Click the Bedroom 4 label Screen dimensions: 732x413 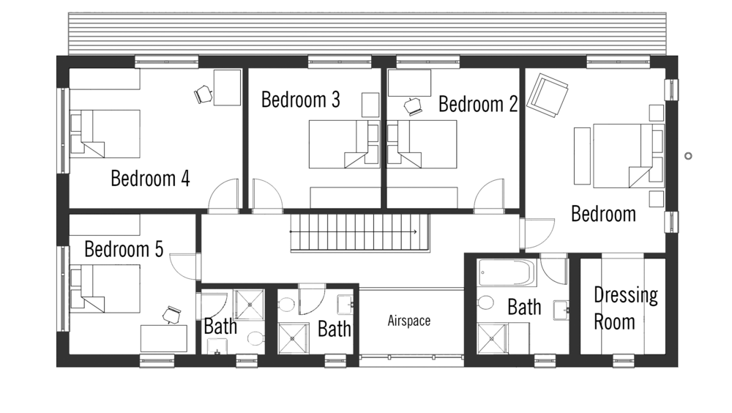[x=150, y=179]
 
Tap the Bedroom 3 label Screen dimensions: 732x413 [x=301, y=100]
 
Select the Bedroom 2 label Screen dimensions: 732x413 [x=478, y=104]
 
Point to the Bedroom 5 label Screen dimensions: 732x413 [x=124, y=249]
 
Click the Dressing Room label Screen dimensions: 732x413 [x=626, y=308]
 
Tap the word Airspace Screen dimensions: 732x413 [x=409, y=321]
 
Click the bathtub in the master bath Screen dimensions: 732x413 [x=507, y=273]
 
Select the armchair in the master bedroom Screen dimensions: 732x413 [x=547, y=95]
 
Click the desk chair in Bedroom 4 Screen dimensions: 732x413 [x=203, y=94]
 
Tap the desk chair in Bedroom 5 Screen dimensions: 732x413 [x=172, y=314]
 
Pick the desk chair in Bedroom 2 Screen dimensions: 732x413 [x=413, y=106]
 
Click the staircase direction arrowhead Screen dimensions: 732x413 [x=414, y=231]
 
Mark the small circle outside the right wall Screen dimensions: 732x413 [x=688, y=156]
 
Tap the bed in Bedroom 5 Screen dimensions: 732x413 [x=105, y=289]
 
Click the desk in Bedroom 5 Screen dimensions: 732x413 [x=164, y=339]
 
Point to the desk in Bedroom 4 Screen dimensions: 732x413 [x=228, y=88]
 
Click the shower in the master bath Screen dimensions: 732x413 [x=492, y=339]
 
